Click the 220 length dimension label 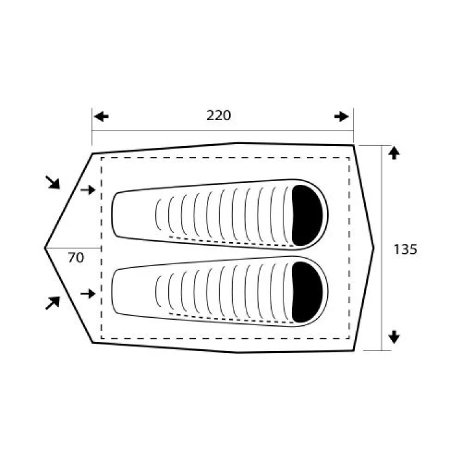[219, 116]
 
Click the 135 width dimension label [405, 249]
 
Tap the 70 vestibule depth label [76, 258]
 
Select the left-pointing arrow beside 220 [102, 116]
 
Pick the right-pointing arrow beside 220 [341, 116]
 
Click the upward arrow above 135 [394, 153]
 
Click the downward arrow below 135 [394, 337]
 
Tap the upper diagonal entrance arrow [53, 182]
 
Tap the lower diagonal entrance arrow [53, 303]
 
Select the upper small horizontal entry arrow [88, 190]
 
